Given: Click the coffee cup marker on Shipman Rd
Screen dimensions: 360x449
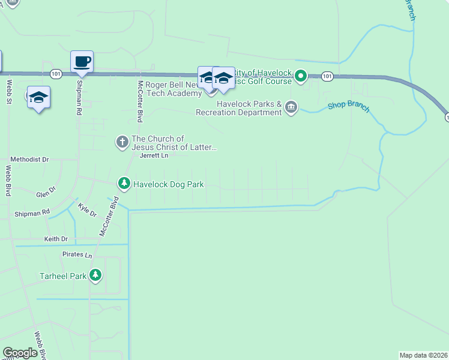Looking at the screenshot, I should pos(82,61).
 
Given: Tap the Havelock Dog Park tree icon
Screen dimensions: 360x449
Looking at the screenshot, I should pos(124,183).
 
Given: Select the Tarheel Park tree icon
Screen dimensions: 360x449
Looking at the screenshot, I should pos(95,275).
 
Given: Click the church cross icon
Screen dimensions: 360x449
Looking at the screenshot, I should pos(122,142).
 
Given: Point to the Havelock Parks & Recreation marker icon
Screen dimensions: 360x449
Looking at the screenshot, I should pos(291,107).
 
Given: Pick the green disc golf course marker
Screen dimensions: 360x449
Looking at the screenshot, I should pos(301,76).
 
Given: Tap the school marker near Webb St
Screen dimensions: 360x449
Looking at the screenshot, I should pos(38,97).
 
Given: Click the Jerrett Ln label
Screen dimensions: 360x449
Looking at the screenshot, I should pos(154,155).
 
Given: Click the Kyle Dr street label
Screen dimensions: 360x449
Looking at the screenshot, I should pos(87,210).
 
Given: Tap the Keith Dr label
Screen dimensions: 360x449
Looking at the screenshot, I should pos(56,239).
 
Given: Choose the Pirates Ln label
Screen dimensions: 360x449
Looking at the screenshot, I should pos(77,255).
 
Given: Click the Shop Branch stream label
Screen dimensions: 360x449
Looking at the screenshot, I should pos(349,107).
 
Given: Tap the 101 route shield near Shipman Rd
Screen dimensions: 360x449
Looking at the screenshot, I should pos(56,74).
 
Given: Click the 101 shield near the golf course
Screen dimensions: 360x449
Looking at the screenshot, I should pos(327,76).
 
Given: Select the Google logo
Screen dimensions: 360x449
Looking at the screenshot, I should pos(20,352).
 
